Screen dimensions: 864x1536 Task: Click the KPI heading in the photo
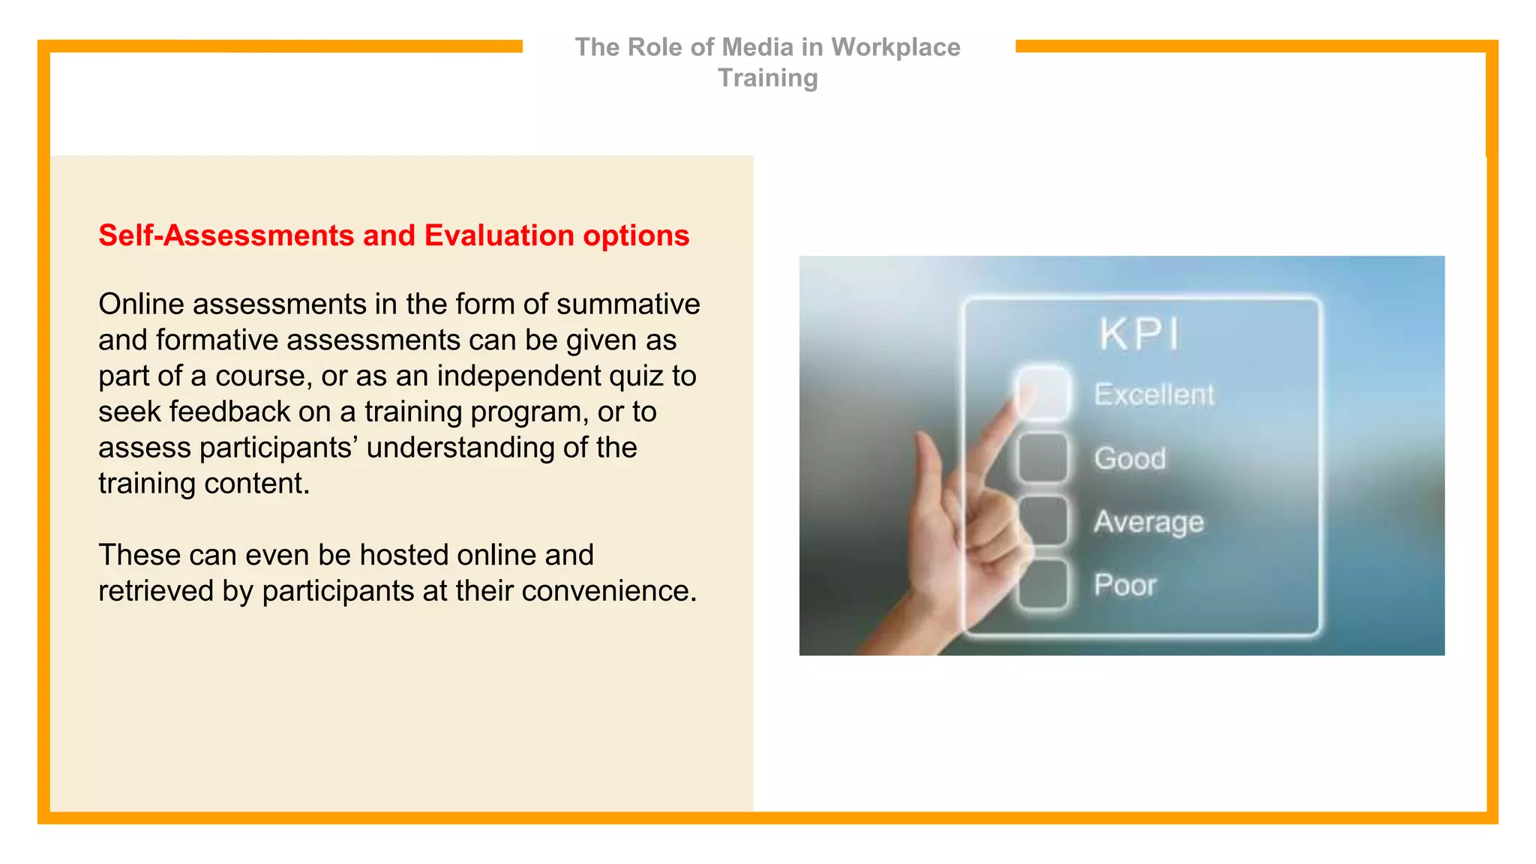point(1138,334)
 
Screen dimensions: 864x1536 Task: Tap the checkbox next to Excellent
point(1042,392)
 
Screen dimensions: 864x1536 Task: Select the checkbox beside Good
point(1042,457)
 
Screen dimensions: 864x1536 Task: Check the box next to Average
point(1042,520)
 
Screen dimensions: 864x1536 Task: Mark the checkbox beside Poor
point(1042,583)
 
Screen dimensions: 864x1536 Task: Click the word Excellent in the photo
point(1153,394)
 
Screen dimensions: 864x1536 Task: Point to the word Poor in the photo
point(1125,585)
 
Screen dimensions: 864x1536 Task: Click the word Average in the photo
point(1148,522)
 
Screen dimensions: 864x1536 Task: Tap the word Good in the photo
point(1129,458)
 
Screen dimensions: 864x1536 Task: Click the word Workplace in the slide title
point(895,47)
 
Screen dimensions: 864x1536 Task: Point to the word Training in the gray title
point(767,78)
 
